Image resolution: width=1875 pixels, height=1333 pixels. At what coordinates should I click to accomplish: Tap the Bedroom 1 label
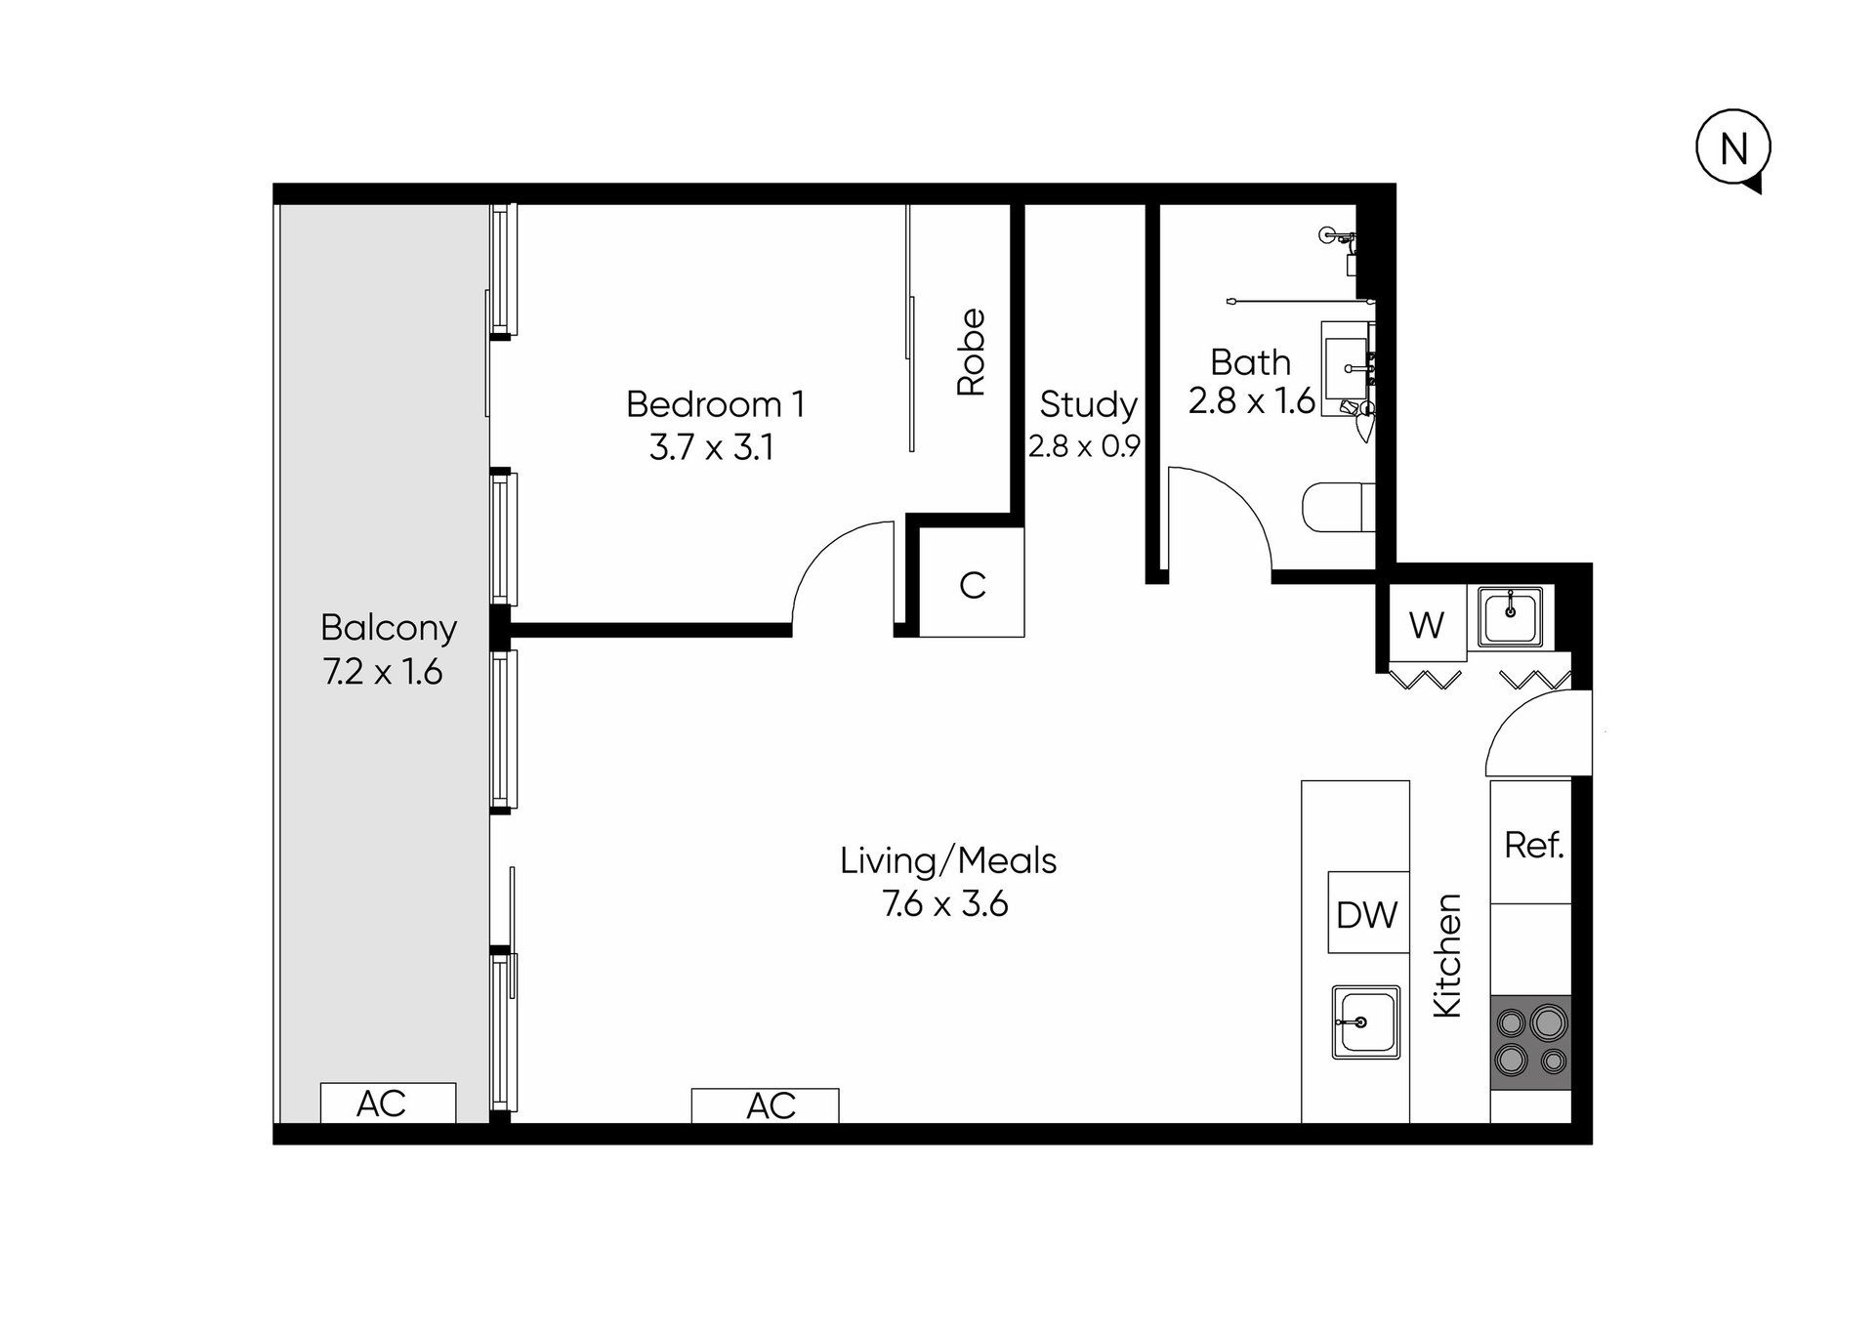click(716, 404)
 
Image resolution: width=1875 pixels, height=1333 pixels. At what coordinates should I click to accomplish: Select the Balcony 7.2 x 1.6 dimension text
click(383, 672)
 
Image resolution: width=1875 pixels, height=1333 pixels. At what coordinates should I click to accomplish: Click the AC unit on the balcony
click(388, 1103)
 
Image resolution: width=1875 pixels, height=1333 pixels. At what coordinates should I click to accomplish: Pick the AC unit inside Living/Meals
click(765, 1105)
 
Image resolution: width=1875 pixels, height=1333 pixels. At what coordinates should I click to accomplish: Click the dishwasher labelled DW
click(1368, 912)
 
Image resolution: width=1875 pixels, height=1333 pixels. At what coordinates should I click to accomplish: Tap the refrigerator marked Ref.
click(1531, 842)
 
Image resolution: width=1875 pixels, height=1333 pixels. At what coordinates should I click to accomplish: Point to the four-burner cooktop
click(1531, 1043)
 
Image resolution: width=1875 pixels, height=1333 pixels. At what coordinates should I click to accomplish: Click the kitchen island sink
click(1365, 1021)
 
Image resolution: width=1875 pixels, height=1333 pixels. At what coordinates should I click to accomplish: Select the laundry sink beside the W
click(1510, 616)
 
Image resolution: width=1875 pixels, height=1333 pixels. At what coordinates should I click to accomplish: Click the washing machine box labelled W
click(1427, 624)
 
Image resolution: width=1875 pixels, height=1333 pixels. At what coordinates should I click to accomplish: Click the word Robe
click(971, 352)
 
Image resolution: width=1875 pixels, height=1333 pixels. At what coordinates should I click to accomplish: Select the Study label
click(1088, 403)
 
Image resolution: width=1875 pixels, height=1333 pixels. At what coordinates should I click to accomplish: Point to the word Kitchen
click(1446, 955)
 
